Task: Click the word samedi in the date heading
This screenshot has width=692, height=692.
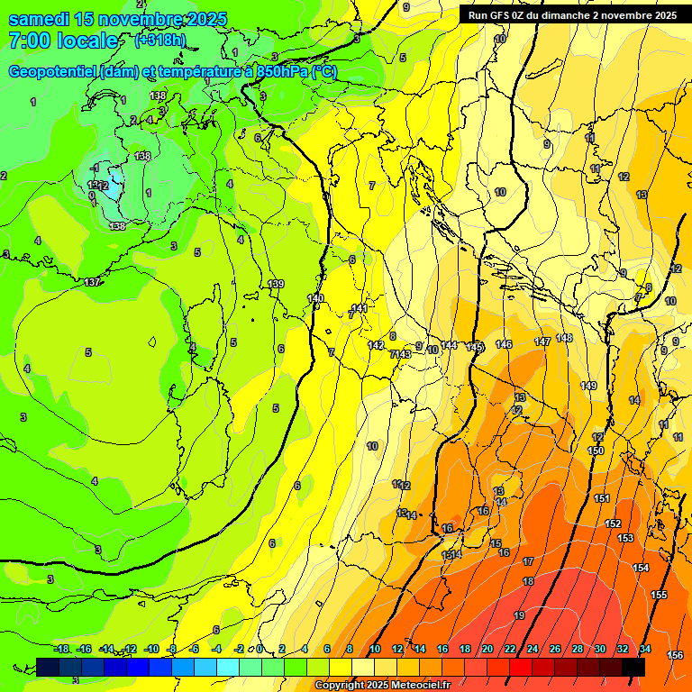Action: [38, 19]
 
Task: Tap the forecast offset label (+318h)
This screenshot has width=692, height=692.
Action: [161, 40]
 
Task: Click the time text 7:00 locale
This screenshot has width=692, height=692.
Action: [63, 41]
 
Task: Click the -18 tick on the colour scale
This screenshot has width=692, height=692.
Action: [61, 649]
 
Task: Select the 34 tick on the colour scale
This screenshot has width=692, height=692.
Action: [644, 649]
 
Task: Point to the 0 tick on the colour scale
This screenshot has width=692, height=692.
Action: [259, 649]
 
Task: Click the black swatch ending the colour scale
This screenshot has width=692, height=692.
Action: [633, 667]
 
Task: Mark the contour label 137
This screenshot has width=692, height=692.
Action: [92, 282]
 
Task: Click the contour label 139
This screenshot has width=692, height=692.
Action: [276, 284]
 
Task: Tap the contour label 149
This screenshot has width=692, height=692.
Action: [588, 386]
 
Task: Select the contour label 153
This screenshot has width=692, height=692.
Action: [625, 538]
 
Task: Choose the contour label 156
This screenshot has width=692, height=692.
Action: [675, 655]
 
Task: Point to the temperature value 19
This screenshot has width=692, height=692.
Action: [519, 615]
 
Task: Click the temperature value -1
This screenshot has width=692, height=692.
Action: [95, 168]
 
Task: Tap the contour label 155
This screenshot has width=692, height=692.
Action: [659, 595]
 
